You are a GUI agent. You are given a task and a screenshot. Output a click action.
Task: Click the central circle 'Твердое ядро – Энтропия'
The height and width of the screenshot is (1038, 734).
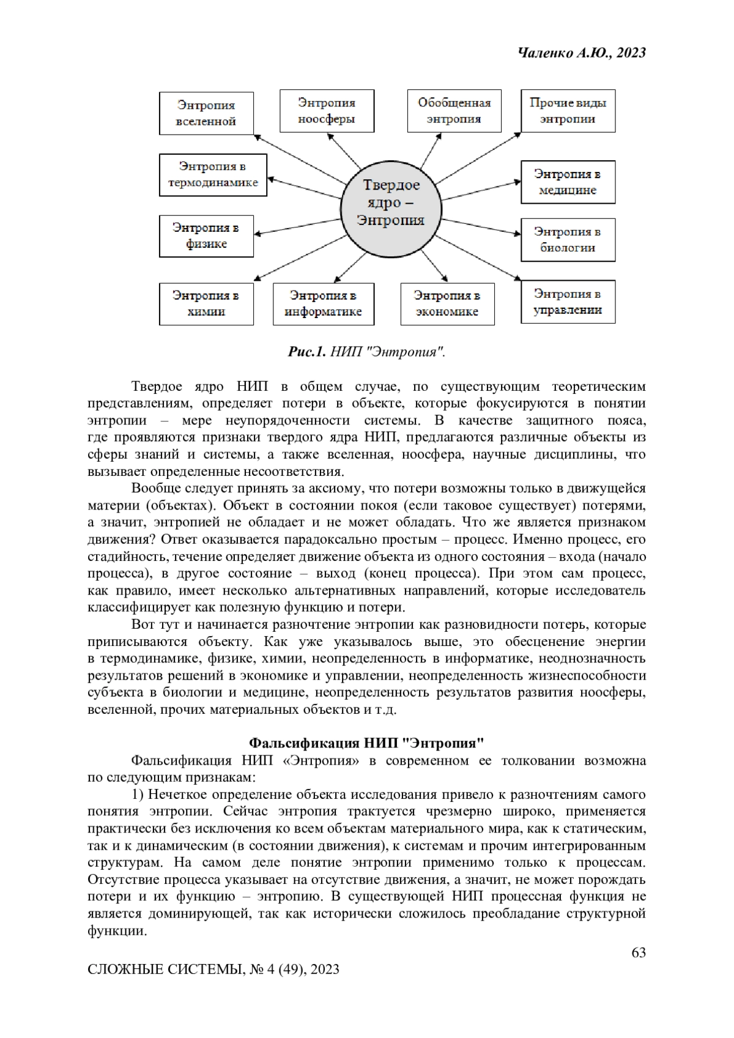point(390,202)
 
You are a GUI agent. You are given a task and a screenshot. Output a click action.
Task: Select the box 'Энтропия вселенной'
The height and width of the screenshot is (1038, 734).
point(206,113)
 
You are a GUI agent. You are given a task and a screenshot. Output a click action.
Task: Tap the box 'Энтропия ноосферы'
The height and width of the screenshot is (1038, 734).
point(327,111)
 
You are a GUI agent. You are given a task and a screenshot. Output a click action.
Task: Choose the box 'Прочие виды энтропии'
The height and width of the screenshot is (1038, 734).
point(568,111)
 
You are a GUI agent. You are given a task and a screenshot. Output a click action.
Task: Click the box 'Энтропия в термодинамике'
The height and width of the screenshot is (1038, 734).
point(213,174)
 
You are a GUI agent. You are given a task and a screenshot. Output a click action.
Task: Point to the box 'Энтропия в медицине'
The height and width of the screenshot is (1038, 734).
point(568,182)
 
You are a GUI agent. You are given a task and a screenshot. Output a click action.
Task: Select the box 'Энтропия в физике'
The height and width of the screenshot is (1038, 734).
point(206,235)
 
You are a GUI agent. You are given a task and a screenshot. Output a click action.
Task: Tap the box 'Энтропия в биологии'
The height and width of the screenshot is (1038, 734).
point(568,240)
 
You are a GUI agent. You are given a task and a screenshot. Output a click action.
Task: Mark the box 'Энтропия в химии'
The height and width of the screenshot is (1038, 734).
point(206,303)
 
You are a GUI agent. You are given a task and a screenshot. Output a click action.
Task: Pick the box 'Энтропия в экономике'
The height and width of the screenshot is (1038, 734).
point(447,303)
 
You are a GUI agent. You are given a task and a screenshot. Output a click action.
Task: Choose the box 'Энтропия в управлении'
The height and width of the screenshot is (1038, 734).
point(568,302)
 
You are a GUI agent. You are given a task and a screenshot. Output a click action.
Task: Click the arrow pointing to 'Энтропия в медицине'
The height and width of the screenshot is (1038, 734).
point(480,190)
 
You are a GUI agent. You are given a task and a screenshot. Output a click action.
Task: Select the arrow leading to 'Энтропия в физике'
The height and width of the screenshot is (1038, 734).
point(298,224)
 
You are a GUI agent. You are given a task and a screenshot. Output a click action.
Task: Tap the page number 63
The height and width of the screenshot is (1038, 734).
point(638,952)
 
